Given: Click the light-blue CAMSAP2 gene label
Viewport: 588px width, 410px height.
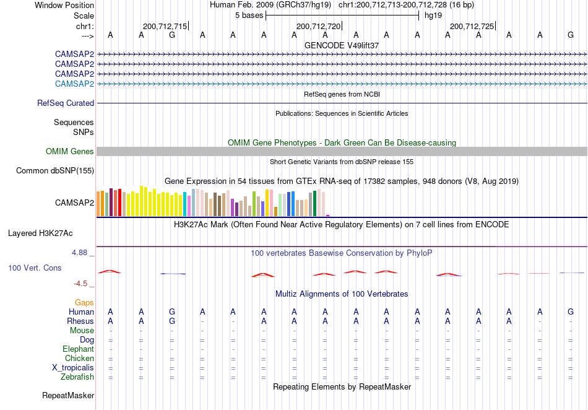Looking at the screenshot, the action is click(74, 84).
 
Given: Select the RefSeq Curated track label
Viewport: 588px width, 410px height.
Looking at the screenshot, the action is click(66, 103).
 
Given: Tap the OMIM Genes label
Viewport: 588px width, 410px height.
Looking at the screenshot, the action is click(70, 151).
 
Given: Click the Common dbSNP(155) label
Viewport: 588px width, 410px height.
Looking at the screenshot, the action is click(55, 171).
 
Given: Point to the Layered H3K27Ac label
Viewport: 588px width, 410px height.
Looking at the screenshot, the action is click(40, 233).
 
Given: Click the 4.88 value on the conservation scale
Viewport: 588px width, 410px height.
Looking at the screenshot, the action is click(79, 253).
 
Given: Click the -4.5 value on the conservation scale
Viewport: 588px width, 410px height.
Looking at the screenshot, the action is click(80, 284).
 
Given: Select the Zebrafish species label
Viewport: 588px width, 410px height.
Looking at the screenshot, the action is click(77, 377).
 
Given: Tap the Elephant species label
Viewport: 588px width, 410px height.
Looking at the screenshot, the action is click(79, 349).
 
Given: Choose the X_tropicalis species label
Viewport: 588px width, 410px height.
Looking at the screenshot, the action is click(73, 368).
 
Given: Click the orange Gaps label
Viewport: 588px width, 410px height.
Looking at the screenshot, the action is click(84, 303).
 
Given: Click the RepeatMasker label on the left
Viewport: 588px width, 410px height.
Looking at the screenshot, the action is click(68, 395).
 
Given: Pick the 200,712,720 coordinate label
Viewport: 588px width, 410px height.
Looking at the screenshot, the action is click(318, 26).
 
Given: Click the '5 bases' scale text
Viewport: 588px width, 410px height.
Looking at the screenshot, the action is click(249, 15).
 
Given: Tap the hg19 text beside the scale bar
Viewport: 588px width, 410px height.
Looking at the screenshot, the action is click(433, 15).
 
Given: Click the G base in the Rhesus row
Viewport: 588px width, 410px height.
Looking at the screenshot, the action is click(171, 321).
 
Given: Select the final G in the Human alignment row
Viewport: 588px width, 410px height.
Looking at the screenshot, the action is click(571, 312).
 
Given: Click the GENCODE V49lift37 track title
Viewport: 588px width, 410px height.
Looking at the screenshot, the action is click(342, 45).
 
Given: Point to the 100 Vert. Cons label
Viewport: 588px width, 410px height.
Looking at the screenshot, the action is click(35, 268).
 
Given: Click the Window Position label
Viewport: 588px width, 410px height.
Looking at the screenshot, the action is click(64, 5).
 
